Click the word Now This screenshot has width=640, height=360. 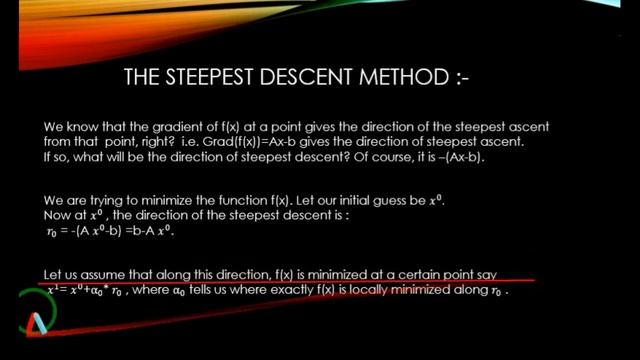58,215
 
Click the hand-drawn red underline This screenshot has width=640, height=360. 300,281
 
